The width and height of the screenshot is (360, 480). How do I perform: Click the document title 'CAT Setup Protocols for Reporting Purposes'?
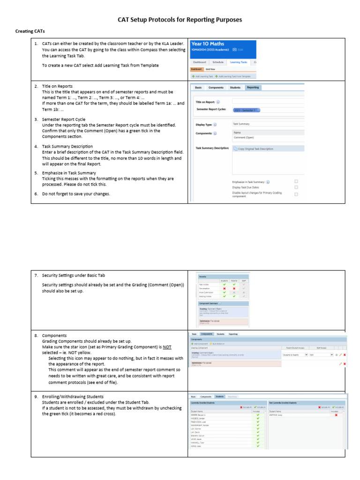pos(180,20)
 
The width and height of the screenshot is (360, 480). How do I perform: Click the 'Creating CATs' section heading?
pos(29,31)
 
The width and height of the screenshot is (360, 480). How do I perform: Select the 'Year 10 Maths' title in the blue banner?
pos(208,44)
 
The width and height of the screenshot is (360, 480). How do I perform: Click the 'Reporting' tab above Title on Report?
pos(253,87)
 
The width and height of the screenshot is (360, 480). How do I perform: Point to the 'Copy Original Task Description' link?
pos(255,149)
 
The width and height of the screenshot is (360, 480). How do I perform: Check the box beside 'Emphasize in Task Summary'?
pos(296,181)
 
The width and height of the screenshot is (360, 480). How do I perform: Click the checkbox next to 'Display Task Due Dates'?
pos(296,187)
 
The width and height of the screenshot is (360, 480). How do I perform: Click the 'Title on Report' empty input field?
pos(267,101)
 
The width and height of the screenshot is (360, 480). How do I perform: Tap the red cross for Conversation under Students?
pos(225,288)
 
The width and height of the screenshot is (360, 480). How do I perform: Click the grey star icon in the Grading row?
pos(336,355)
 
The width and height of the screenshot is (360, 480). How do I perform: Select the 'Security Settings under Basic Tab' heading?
pos(76,275)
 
